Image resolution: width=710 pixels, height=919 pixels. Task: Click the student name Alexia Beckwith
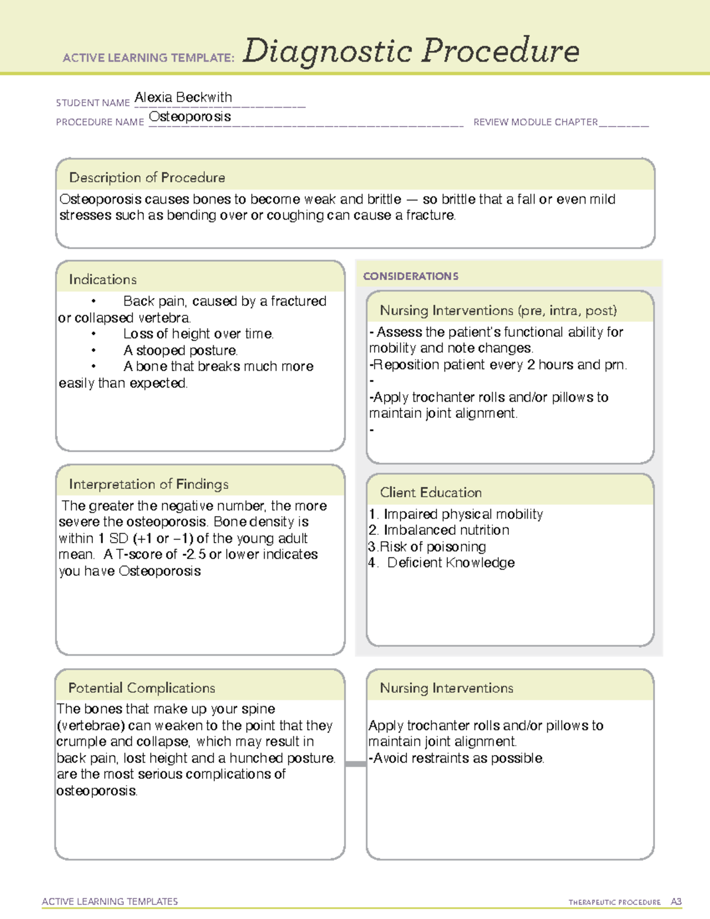pos(183,97)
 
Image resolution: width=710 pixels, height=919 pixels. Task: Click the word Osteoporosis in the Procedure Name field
pos(189,117)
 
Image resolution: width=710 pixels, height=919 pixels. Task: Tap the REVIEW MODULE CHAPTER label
pos(535,122)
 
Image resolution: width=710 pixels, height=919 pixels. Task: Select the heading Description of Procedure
pos(147,178)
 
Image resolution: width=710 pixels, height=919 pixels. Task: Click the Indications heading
pos(102,279)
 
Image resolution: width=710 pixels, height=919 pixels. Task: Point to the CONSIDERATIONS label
pos(411,276)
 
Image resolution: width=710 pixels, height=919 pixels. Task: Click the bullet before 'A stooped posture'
pos(93,350)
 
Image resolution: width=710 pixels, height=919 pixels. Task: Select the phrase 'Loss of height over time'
pos(198,334)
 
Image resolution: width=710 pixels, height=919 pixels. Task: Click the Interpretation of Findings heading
pos(149,484)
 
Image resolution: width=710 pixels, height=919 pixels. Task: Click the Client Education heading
pos(431,492)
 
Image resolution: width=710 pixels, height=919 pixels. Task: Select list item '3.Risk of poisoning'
pos(427,546)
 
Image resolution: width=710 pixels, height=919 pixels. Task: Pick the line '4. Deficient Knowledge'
pos(441,563)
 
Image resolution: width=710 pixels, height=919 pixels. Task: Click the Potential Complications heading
pos(141,688)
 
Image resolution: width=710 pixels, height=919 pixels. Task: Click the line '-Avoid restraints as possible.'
pos(456,758)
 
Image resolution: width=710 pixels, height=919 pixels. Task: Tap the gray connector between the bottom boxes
pos(356,764)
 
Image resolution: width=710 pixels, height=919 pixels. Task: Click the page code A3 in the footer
pos(676,902)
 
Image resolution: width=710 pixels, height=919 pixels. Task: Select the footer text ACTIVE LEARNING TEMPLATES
pos(110,901)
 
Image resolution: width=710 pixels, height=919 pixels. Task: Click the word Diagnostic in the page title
pos(327,51)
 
